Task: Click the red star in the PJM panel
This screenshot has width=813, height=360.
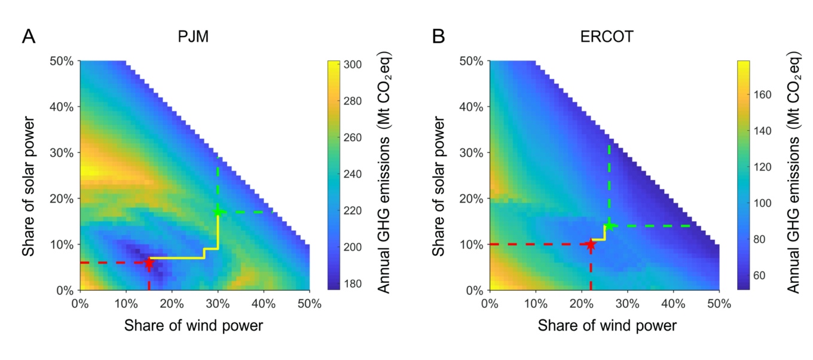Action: [x=149, y=263]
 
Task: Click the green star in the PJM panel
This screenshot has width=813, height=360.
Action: [x=218, y=212]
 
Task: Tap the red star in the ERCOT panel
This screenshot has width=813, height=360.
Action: [x=591, y=245]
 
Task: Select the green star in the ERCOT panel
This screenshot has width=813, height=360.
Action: [x=609, y=225]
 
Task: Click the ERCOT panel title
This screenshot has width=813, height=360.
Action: [x=604, y=37]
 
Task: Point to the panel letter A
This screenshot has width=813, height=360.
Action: [x=28, y=37]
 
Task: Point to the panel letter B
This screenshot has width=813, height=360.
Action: [x=439, y=37]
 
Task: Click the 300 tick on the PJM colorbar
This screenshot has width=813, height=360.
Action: [x=354, y=65]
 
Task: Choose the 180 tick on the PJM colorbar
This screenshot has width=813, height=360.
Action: [x=354, y=284]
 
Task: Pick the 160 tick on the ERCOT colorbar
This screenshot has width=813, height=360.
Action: [x=763, y=94]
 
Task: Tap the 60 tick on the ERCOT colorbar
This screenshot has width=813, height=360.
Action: [x=761, y=275]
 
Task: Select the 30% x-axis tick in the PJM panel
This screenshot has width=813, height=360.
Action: [x=218, y=303]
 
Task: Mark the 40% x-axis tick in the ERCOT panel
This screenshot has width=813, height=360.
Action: [x=674, y=303]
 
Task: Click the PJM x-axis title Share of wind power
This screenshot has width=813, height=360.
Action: [x=194, y=326]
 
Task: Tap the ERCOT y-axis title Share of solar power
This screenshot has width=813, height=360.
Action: [x=441, y=175]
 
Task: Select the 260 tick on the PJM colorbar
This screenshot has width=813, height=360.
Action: [x=354, y=138]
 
